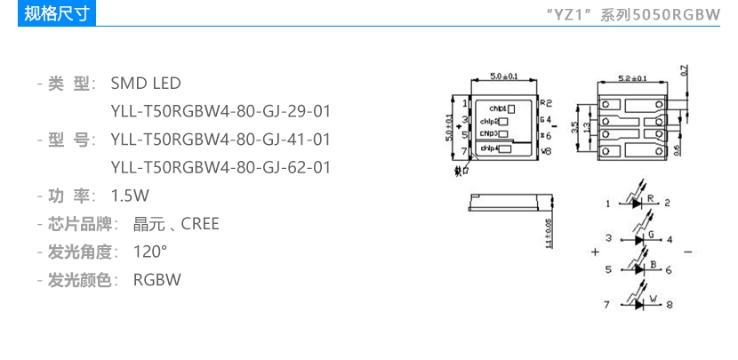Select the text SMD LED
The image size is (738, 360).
(145, 84)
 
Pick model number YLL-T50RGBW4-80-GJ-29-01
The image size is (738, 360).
(221, 111)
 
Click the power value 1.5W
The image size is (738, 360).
(130, 195)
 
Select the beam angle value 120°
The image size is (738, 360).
(150, 251)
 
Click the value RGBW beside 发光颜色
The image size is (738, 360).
(157, 279)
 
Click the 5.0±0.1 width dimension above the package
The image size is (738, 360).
(503, 76)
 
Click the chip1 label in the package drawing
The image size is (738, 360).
(496, 108)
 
